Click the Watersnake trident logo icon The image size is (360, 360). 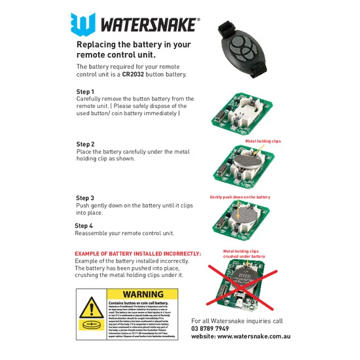point(84,24)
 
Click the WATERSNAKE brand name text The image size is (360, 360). point(148,25)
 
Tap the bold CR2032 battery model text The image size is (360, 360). point(142,75)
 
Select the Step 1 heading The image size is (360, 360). point(85,92)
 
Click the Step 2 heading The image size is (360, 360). point(85,144)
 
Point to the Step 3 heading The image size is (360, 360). point(85,198)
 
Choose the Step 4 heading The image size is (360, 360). point(84,225)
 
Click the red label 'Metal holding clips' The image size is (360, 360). point(262,141)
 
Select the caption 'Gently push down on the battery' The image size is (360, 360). point(240,197)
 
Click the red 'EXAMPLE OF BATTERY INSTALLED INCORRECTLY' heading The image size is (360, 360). point(137,253)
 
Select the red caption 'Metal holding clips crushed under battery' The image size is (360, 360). point(245,254)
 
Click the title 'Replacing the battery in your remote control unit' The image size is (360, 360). point(134,50)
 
